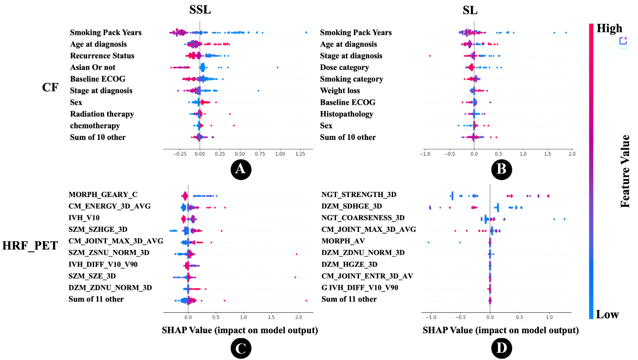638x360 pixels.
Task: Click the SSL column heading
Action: point(200,10)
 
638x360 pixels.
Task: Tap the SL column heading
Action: point(470,10)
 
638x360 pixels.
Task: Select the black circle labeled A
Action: point(241,169)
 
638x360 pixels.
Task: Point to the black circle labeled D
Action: point(501,349)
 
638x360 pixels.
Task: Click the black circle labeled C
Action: point(241,349)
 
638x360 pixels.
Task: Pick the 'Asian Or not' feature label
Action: point(93,67)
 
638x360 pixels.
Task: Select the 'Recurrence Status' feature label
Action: point(102,56)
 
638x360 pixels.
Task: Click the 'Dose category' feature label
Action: point(345,67)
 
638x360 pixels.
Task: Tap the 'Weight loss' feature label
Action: point(340,91)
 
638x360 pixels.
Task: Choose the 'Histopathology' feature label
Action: point(347,114)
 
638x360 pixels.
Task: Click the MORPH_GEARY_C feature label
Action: point(103,194)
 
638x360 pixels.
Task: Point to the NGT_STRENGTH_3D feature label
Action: point(359,194)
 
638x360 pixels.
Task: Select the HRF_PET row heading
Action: point(30,246)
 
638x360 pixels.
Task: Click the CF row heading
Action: point(50,87)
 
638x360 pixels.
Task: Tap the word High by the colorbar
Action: point(609,28)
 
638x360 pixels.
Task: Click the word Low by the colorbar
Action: point(607,314)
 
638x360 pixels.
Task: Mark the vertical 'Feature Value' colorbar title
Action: point(625,171)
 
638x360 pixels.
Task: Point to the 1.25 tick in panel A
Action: point(300,154)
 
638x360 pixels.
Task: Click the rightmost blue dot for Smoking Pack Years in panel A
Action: point(306,32)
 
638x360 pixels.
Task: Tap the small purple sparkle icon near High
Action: point(623,41)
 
